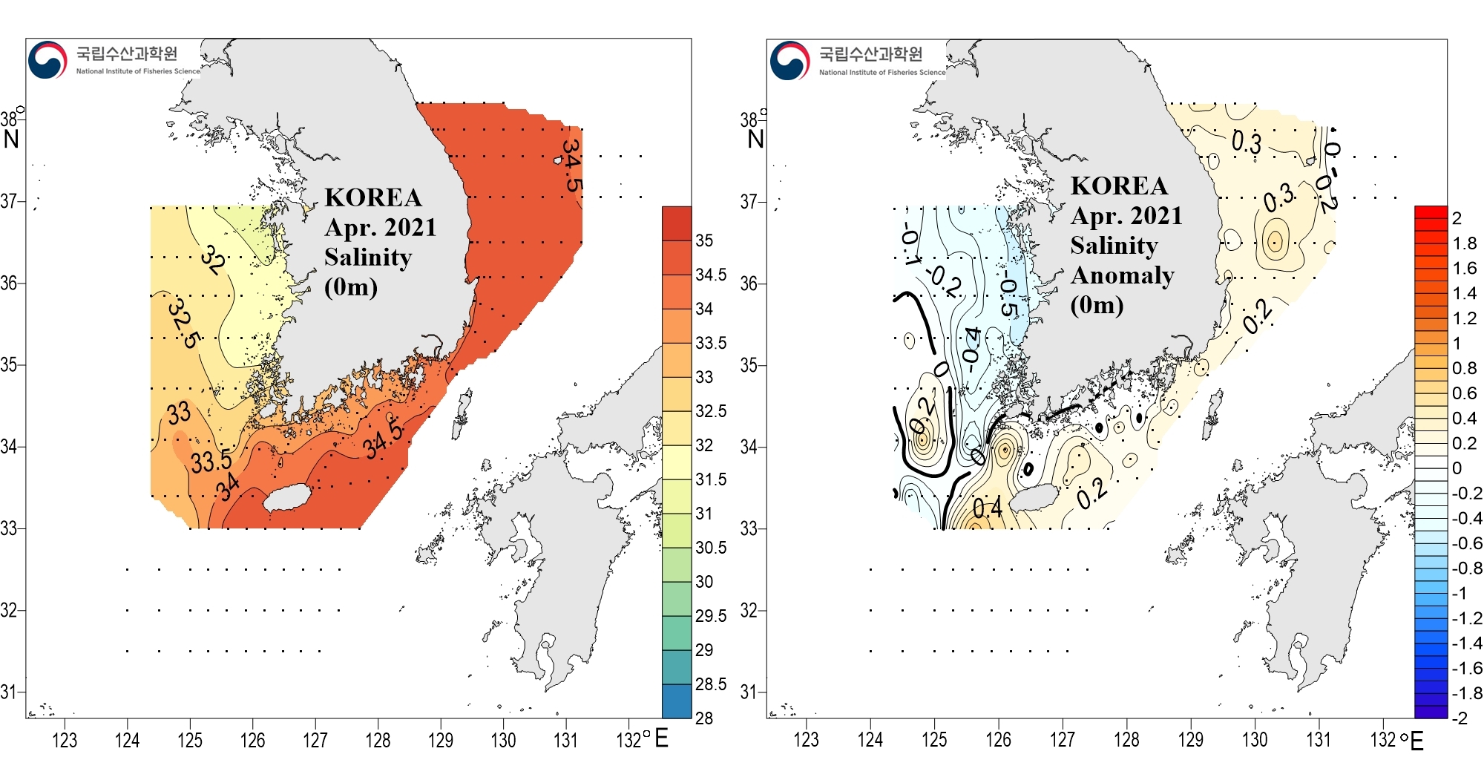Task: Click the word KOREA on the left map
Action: [372, 197]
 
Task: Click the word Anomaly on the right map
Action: [1122, 275]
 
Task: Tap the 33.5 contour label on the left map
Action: [211, 462]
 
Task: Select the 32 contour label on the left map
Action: [214, 260]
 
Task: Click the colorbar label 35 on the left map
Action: [704, 240]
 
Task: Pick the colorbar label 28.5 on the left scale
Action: [710, 684]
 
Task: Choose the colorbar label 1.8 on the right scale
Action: [1465, 243]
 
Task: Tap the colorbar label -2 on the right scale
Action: [1460, 718]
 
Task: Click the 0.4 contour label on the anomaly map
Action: [987, 508]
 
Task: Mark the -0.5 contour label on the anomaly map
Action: [1008, 296]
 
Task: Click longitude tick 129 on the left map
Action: [441, 740]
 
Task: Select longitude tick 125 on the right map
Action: [934, 740]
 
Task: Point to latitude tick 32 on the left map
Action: [9, 610]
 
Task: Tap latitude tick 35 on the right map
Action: [749, 365]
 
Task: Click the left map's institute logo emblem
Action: [47, 59]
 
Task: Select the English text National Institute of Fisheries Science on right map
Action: [882, 72]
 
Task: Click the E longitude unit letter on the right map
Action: [1416, 741]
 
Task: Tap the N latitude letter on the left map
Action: [11, 139]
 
